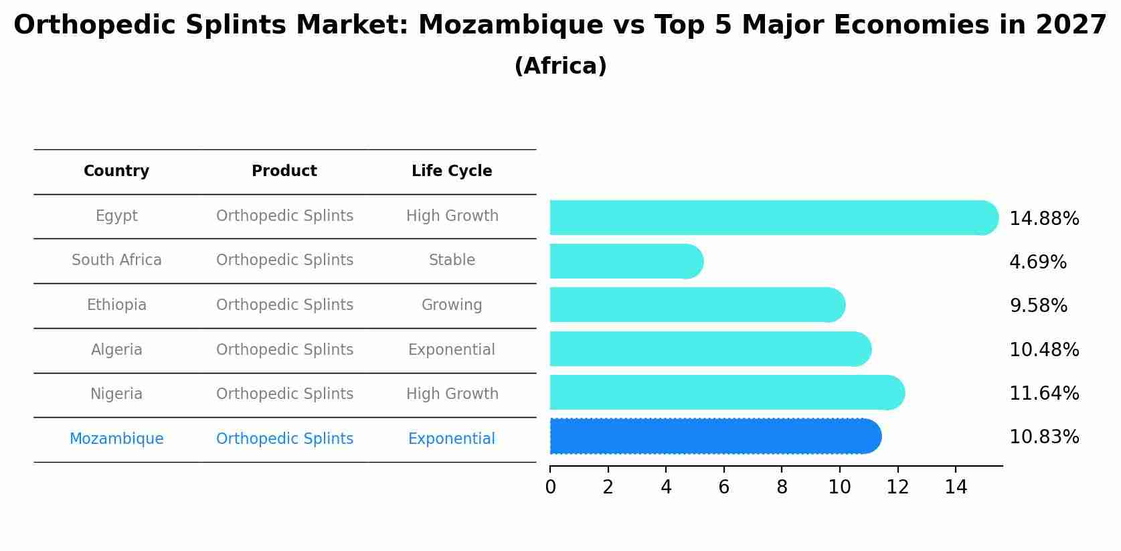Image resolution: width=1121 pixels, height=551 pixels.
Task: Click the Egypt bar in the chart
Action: pyautogui.click(x=773, y=218)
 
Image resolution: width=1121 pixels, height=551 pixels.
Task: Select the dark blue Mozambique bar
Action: pyautogui.click(x=715, y=437)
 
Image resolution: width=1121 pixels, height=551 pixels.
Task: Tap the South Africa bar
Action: pyautogui.click(x=626, y=261)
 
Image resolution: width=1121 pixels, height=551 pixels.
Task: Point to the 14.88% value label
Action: pyautogui.click(x=1044, y=219)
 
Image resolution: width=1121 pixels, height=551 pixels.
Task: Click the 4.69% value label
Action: pyautogui.click(x=1037, y=262)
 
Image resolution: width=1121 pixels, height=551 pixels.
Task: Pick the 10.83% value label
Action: pyautogui.click(x=1044, y=437)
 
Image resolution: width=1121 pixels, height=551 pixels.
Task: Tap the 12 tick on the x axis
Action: pyautogui.click(x=897, y=487)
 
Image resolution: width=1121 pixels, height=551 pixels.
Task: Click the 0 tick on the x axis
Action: pyautogui.click(x=550, y=487)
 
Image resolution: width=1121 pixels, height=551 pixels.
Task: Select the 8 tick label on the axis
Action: pyautogui.click(x=782, y=487)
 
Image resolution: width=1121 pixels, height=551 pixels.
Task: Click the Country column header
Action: pyautogui.click(x=116, y=171)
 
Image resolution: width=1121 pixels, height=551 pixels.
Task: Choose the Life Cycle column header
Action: pyautogui.click(x=452, y=171)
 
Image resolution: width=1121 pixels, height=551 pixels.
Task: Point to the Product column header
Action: pyautogui.click(x=284, y=171)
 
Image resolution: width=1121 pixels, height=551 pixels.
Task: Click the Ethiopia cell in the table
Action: pyautogui.click(x=116, y=305)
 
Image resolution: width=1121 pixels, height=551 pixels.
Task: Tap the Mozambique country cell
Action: pyautogui.click(x=116, y=439)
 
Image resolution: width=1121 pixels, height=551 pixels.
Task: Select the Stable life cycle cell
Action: pyautogui.click(x=452, y=260)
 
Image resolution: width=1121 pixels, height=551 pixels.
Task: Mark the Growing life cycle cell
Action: pyautogui.click(x=452, y=305)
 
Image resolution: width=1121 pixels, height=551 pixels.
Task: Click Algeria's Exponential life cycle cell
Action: pyautogui.click(x=452, y=350)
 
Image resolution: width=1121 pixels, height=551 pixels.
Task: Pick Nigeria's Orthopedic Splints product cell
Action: pyautogui.click(x=284, y=394)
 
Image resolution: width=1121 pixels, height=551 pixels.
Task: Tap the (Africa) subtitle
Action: pyautogui.click(x=561, y=66)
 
